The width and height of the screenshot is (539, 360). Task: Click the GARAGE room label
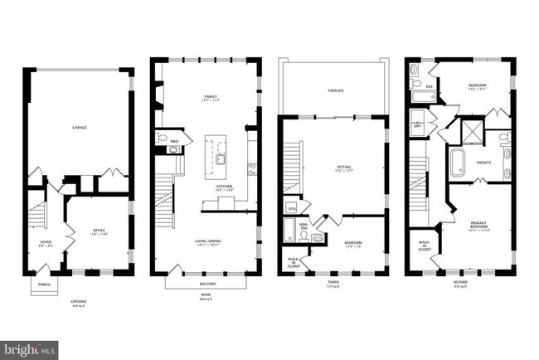tap(80, 128)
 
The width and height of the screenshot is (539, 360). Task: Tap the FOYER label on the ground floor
tap(45, 243)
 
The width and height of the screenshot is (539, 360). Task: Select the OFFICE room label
tap(100, 232)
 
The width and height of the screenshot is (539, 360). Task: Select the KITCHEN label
tap(225, 187)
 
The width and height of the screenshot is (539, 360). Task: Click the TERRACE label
tap(335, 90)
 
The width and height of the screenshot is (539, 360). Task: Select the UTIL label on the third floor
tap(290, 208)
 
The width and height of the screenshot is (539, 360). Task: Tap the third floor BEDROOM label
tap(353, 243)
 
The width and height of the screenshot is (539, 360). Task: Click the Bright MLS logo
tap(29, 349)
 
